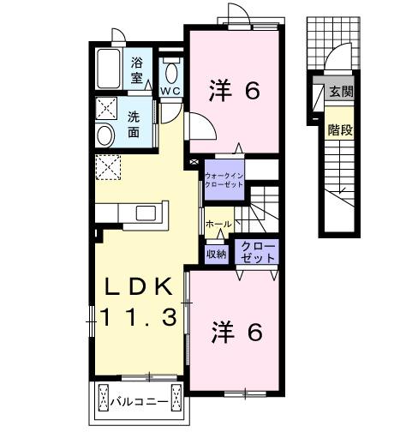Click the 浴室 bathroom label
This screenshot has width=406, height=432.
137,69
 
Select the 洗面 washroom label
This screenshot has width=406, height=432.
136,125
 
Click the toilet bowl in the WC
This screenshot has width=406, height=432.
170,70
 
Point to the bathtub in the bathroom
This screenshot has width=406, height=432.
110,69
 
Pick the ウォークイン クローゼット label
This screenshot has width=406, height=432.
224,180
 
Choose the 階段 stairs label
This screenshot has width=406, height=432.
340,130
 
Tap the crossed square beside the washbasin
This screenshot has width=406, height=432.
108,109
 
